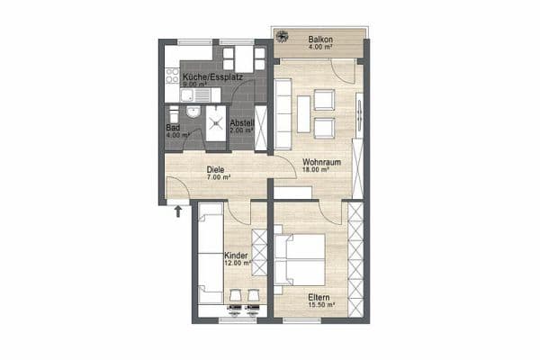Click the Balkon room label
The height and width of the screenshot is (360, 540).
tap(320, 40)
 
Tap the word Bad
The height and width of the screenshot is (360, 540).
tap(172, 129)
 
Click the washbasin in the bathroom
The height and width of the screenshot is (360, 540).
tap(171, 114)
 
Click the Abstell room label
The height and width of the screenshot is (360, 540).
tap(241, 122)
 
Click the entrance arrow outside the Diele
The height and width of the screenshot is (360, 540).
tap(178, 211)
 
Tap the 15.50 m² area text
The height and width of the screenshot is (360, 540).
tap(321, 305)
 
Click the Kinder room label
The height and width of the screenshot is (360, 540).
tap(236, 256)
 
